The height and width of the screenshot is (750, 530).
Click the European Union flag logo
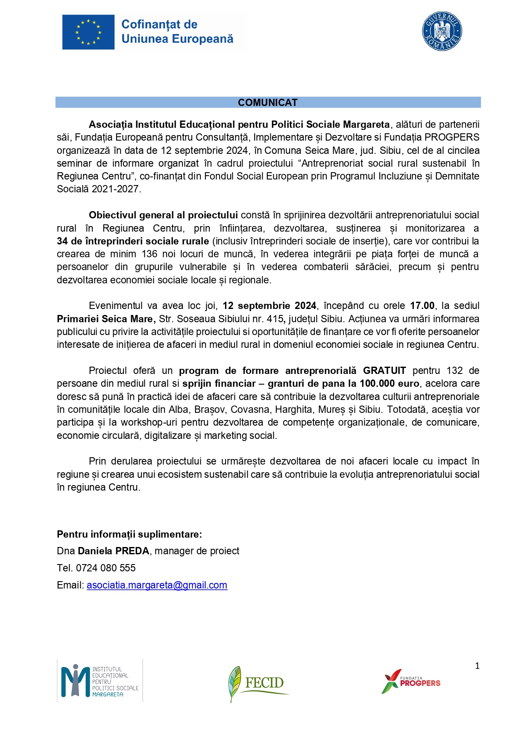(88, 32)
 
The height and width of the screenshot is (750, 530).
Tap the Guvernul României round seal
(442, 31)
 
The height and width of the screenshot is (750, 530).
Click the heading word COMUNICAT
(268, 103)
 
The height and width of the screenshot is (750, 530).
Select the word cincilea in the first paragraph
(463, 150)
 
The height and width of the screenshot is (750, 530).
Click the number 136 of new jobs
(149, 254)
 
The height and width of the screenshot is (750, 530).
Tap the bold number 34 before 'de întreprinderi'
(62, 241)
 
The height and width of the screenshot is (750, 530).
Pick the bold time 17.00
(422, 306)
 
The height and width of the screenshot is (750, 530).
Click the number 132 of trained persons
(454, 371)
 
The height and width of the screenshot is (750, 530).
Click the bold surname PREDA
(132, 551)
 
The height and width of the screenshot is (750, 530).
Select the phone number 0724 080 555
(105, 568)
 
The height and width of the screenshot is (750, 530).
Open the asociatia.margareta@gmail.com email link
(157, 585)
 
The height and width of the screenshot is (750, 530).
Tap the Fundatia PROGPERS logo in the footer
(411, 682)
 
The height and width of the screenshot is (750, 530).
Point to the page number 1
(477, 666)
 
